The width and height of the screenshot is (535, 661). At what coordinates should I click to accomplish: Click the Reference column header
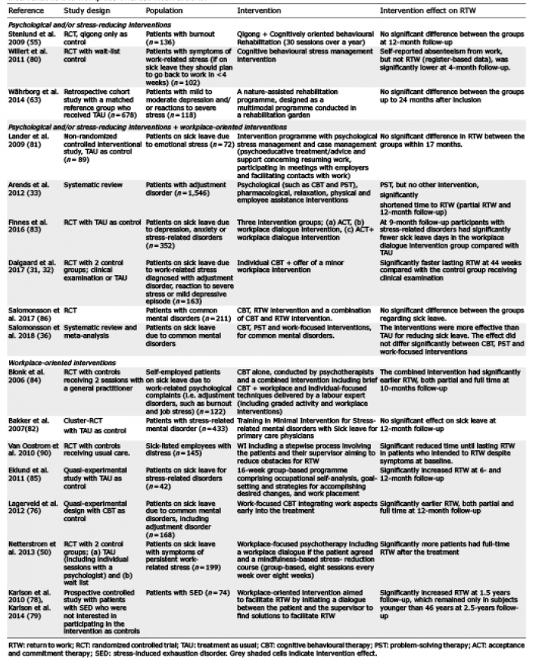click(x=24, y=12)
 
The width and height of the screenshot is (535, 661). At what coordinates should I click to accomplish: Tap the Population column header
click(x=158, y=12)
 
